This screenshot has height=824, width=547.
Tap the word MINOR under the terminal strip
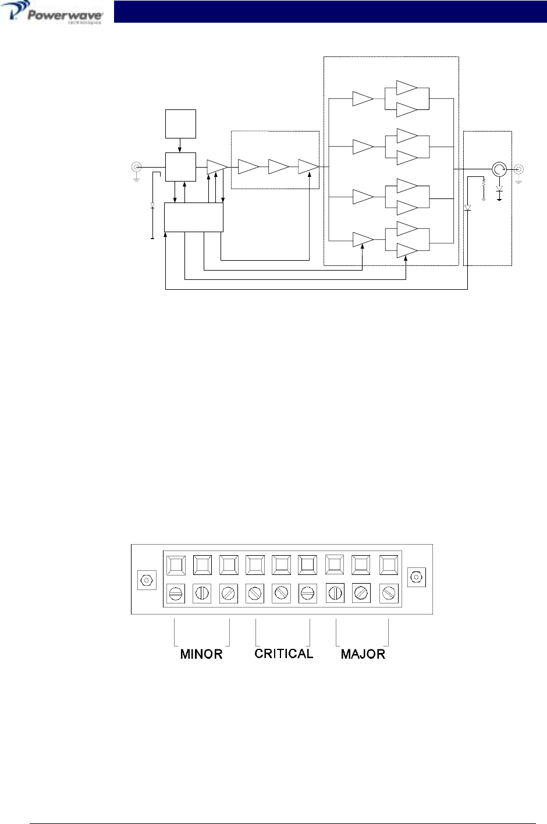(201, 654)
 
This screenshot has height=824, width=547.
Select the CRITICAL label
(284, 653)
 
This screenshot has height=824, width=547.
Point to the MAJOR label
(363, 654)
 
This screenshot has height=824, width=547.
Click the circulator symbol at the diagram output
(499, 169)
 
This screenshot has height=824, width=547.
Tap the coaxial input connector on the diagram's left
(136, 168)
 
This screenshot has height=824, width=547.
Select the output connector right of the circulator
(518, 169)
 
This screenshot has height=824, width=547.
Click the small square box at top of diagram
(180, 123)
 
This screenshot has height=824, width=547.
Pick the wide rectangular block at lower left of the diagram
(194, 217)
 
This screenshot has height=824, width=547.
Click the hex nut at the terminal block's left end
(146, 580)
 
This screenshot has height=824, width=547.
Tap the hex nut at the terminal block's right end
(416, 577)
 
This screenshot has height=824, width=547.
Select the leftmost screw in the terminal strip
(176, 594)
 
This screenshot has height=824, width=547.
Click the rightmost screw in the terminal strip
(388, 594)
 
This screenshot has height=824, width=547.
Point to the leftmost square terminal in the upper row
(176, 564)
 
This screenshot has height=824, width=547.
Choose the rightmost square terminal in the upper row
(388, 564)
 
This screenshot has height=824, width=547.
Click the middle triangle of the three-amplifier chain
(279, 167)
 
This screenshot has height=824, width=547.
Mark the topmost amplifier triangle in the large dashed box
(407, 88)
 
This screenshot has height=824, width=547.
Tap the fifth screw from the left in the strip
(282, 594)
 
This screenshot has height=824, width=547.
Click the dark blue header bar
(329, 12)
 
